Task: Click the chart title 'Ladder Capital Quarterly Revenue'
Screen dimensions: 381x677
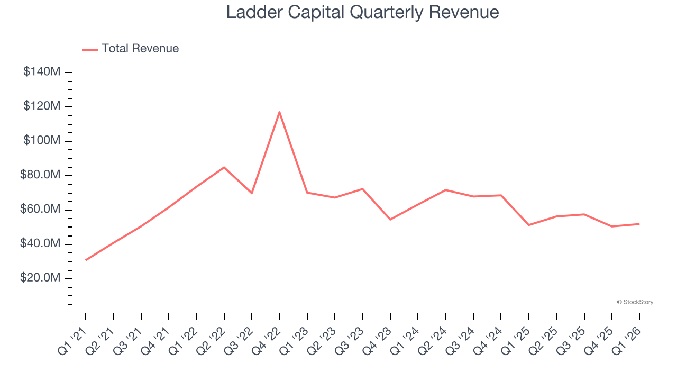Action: (362, 12)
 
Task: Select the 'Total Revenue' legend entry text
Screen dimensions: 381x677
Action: (140, 49)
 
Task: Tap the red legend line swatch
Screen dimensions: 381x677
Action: (90, 49)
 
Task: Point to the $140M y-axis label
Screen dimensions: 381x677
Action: (42, 72)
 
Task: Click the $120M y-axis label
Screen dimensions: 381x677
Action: (42, 106)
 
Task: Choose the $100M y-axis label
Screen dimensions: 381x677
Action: (42, 141)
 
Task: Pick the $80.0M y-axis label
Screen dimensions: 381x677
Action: (40, 175)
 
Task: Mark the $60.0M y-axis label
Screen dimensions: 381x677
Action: (40, 210)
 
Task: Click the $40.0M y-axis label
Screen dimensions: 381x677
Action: (40, 244)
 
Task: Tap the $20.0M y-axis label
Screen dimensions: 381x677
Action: (40, 278)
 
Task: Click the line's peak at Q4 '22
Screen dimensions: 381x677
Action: (279, 112)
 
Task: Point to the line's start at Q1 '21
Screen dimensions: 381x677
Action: (86, 260)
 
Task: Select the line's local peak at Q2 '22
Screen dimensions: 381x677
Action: (224, 167)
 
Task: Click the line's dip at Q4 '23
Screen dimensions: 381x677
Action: (390, 219)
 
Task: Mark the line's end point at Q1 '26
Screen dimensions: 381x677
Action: (639, 224)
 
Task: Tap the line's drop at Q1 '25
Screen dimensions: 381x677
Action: (529, 225)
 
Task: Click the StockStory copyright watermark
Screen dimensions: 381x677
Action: (635, 302)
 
